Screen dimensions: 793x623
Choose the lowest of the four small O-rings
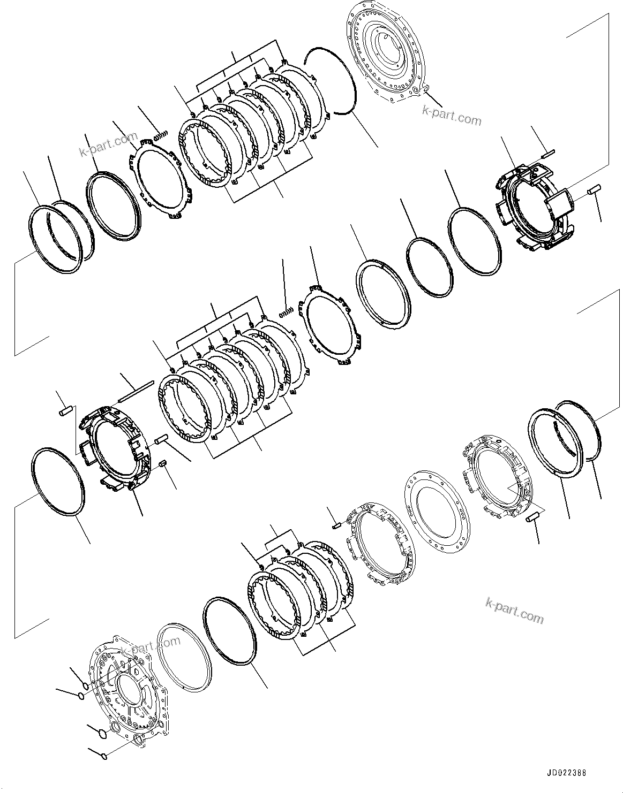click(x=104, y=756)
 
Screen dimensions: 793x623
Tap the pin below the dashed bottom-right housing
click(x=533, y=518)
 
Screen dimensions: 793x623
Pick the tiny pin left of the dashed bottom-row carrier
click(x=337, y=525)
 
